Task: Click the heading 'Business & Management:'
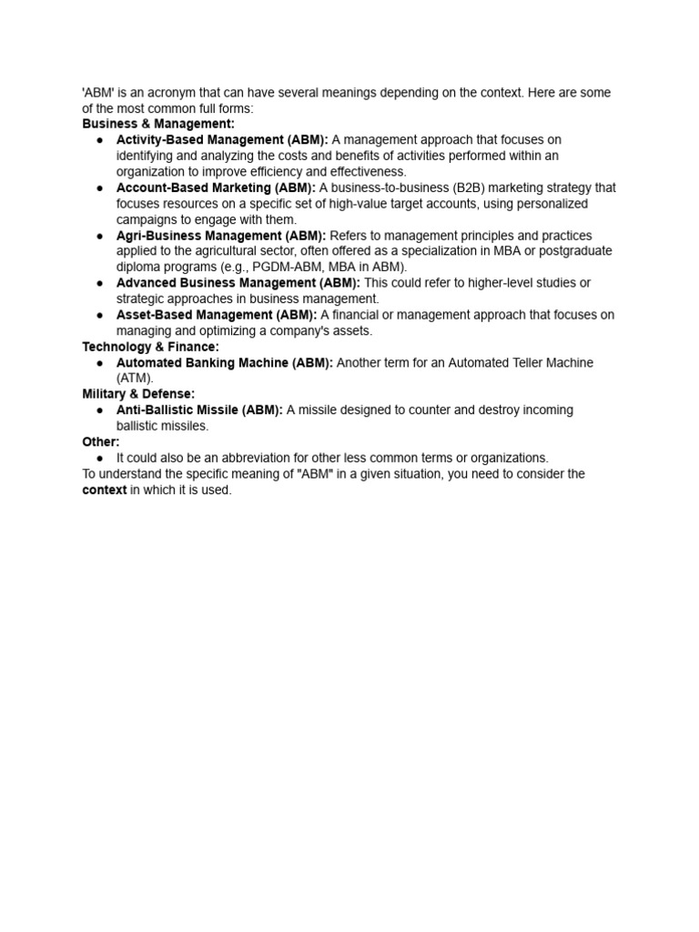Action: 158,124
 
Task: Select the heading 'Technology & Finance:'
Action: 150,347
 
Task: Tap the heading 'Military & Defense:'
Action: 138,394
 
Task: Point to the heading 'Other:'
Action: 101,441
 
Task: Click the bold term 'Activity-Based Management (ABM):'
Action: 222,140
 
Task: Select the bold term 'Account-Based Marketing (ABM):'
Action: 216,187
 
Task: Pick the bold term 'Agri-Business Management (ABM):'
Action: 220,236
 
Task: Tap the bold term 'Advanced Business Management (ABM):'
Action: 238,283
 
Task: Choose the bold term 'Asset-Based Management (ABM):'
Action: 217,315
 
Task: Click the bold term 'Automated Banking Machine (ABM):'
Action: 225,363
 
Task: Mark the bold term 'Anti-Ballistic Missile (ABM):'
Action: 199,410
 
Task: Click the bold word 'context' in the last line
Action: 104,490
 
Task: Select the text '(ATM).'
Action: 136,379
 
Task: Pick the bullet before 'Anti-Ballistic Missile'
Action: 98,410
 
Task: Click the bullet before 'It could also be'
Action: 98,458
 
